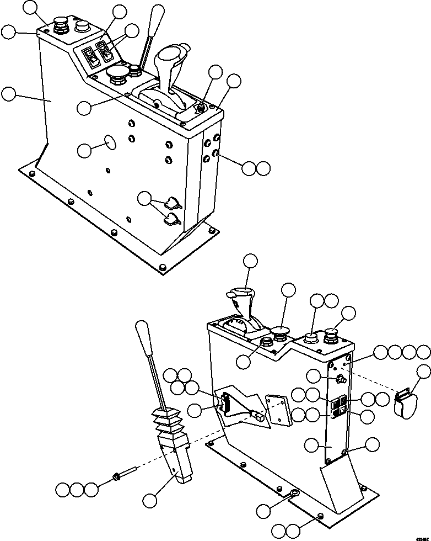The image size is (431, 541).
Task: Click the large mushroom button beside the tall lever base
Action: coord(117,74)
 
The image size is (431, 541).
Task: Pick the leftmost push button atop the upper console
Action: coord(60,26)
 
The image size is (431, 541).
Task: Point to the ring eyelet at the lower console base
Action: coord(294,494)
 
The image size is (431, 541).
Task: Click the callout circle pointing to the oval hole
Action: coord(84,150)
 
